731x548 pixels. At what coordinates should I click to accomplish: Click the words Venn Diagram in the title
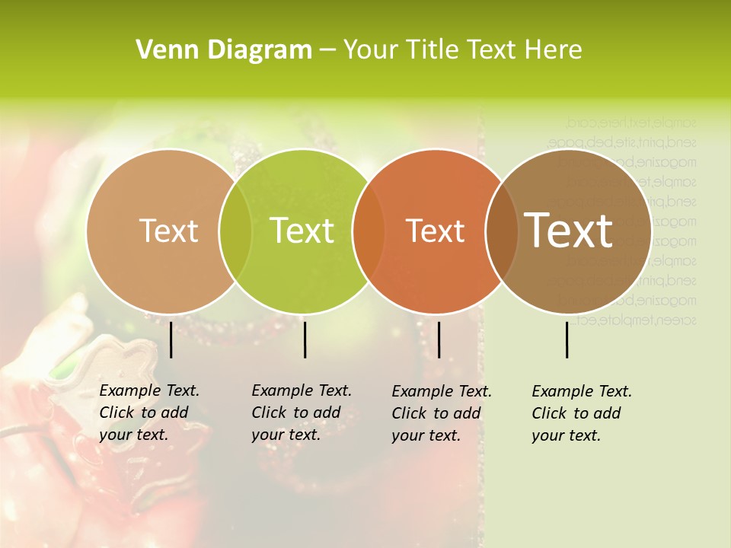[224, 50]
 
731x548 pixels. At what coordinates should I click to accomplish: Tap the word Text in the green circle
[302, 231]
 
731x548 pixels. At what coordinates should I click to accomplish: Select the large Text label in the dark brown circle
[569, 231]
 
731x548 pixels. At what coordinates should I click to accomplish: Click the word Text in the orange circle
[435, 231]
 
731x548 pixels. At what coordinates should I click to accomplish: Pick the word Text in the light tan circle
[168, 231]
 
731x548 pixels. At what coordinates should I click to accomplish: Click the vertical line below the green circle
[305, 339]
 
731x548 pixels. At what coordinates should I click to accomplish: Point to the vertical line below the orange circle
[439, 339]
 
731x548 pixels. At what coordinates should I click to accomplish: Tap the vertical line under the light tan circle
[171, 339]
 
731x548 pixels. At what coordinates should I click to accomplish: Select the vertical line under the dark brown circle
[567, 339]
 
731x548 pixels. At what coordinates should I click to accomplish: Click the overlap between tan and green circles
[235, 231]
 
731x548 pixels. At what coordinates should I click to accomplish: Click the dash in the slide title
[327, 50]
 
